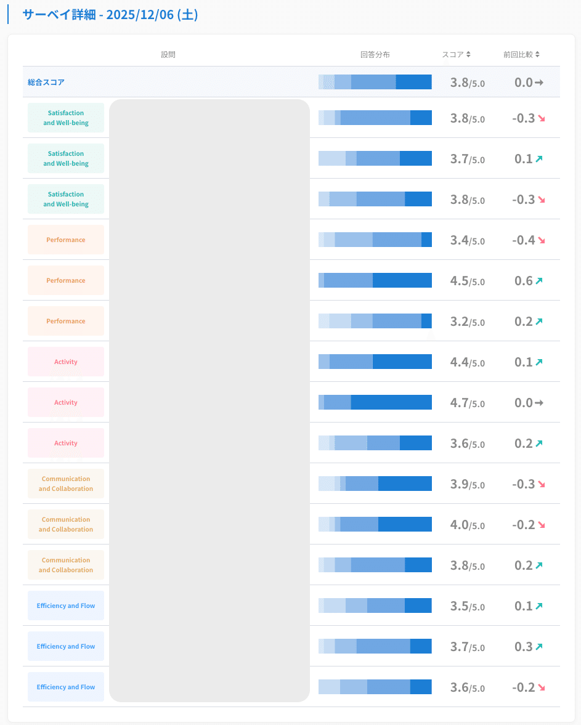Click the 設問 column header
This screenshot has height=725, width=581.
point(168,54)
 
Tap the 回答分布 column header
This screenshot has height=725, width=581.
point(375,54)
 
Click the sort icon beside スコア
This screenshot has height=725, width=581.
point(468,54)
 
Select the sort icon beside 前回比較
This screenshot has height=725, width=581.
point(537,54)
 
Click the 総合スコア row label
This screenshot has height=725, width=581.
point(46,82)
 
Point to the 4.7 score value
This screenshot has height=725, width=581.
point(460,403)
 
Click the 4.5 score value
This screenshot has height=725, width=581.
point(460,281)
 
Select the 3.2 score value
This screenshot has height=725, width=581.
point(460,322)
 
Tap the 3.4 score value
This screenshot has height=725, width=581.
point(460,240)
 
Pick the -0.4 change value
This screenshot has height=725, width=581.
point(523,240)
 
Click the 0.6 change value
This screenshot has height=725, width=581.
point(523,281)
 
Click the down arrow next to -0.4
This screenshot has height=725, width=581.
point(541,240)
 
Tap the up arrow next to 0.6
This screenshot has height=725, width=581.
point(539,281)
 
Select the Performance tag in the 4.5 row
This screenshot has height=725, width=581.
point(66,280)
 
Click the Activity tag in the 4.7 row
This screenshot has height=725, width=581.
point(66,402)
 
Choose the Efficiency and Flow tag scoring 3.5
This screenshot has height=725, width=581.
point(66,606)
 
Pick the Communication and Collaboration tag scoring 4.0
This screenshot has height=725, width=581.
point(66,524)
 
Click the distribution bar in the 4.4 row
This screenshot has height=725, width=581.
point(375,362)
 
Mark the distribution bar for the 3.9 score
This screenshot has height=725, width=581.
point(375,484)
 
